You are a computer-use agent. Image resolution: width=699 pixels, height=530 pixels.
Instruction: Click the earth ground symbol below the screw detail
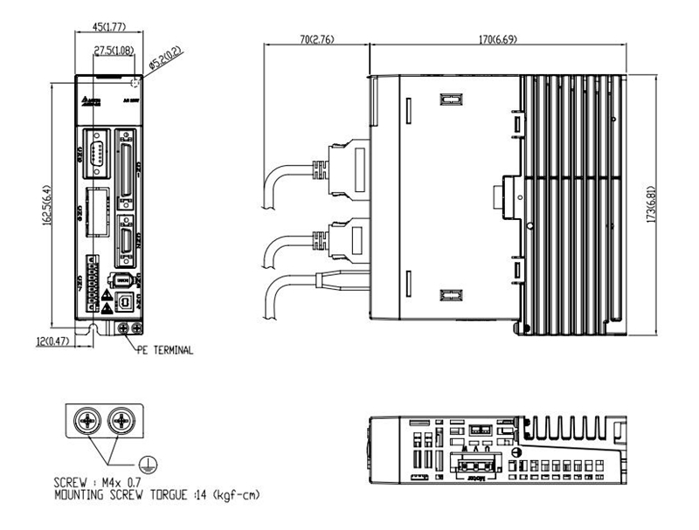pyautogui.click(x=149, y=465)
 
